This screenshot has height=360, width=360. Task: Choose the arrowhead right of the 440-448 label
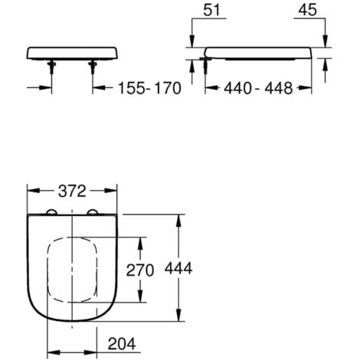click(309, 88)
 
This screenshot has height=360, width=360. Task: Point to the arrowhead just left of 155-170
click(106, 88)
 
